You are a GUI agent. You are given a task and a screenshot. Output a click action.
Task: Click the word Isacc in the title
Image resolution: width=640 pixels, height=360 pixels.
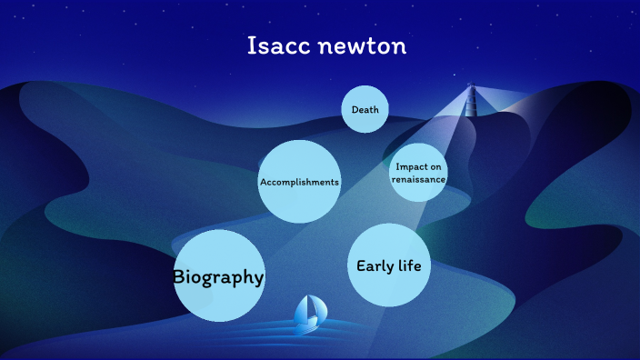[278, 46]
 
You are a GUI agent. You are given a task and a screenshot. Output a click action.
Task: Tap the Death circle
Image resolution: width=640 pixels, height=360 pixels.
[365, 110]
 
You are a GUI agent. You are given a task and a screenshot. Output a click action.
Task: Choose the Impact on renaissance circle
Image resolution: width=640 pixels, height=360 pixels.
[418, 172]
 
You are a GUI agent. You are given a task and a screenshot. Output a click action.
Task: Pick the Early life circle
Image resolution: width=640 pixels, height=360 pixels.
[388, 265]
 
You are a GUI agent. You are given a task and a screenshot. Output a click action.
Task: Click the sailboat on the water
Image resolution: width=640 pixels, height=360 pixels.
[309, 314]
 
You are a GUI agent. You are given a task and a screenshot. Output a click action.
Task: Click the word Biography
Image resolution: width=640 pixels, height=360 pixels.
[218, 277]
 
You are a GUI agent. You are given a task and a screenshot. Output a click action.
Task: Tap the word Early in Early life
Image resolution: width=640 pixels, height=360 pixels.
[374, 266]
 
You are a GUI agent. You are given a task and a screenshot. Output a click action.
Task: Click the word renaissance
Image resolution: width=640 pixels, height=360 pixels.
[418, 179]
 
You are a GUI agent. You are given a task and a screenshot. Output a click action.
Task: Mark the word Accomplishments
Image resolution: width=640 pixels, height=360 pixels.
[299, 182]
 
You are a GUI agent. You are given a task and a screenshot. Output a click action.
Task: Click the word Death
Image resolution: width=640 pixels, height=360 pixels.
[365, 111]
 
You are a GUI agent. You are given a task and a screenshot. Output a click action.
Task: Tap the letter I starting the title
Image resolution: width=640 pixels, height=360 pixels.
[252, 46]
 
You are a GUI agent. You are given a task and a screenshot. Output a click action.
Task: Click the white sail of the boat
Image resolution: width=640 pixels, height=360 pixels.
[313, 308]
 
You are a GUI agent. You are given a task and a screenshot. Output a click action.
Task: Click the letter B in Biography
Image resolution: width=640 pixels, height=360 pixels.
[180, 277]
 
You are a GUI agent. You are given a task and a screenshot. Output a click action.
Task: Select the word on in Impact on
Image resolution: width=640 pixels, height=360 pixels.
[436, 166]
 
